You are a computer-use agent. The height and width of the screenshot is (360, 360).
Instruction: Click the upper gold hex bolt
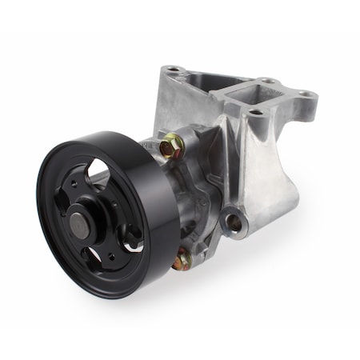(170, 146)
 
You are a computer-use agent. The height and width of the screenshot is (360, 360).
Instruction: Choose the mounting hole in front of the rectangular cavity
(255, 113)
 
